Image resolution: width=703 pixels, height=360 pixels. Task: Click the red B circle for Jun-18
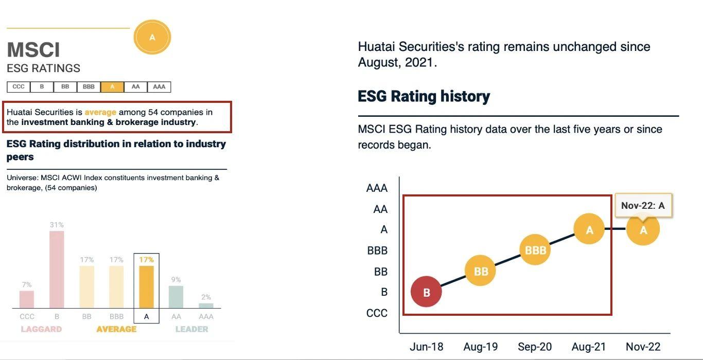(x=426, y=292)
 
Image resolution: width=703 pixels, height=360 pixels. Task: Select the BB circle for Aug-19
(x=480, y=271)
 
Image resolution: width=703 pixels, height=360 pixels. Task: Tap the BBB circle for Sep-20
(x=535, y=250)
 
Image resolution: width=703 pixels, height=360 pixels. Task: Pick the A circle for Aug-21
(x=589, y=229)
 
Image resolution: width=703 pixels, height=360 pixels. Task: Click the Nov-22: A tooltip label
(x=643, y=206)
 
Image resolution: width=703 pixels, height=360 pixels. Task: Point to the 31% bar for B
(x=57, y=269)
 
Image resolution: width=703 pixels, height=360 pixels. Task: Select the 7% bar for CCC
(x=27, y=299)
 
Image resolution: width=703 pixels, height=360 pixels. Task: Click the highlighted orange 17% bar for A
(x=146, y=286)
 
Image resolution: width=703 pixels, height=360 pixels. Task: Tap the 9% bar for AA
(x=176, y=297)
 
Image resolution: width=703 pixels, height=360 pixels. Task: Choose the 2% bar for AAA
(x=206, y=305)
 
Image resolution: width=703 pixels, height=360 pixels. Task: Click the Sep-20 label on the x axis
(x=535, y=347)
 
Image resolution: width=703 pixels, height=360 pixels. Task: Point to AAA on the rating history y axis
(x=377, y=188)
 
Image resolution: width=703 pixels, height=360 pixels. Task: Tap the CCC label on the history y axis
(x=377, y=313)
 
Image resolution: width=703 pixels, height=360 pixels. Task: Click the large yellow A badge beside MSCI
(x=152, y=37)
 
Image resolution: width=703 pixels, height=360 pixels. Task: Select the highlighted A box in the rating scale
(x=112, y=87)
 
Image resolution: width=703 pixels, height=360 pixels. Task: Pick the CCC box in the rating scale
(x=19, y=87)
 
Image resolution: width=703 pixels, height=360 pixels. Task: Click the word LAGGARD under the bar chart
(x=41, y=329)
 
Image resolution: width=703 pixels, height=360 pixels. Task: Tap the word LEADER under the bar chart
(x=191, y=329)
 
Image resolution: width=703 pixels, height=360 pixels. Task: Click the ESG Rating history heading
(x=424, y=96)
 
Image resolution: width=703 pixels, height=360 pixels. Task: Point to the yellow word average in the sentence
(x=100, y=112)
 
